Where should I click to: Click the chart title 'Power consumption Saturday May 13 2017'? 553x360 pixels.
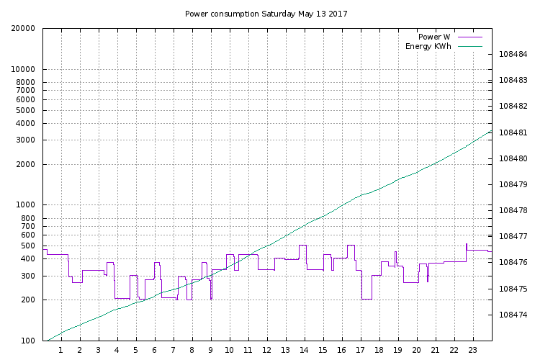point(266,14)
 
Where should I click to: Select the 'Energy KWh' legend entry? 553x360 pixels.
point(428,47)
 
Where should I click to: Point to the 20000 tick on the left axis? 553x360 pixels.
point(24,29)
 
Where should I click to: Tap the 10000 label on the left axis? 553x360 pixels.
point(24,70)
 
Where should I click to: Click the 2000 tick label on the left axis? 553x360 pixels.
point(27,165)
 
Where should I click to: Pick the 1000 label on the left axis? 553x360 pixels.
point(27,205)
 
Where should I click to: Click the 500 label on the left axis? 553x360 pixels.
point(29,246)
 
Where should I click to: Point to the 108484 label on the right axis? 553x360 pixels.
point(513,55)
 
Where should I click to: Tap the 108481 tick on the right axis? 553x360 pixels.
point(513,132)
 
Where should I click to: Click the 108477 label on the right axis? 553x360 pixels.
point(513,236)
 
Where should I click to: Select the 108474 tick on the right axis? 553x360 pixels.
point(513,315)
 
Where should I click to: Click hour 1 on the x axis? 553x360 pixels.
point(61,351)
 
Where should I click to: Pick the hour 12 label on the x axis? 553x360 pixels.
point(267,351)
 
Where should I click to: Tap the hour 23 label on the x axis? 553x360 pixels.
point(473,351)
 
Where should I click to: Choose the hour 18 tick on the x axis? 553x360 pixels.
point(379,351)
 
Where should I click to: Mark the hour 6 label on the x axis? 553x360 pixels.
point(155,351)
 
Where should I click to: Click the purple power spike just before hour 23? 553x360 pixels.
point(467,245)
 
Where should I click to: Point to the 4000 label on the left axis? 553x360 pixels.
point(27,124)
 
